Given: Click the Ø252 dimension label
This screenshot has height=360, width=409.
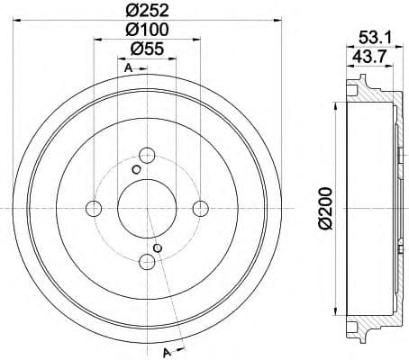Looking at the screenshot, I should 146,11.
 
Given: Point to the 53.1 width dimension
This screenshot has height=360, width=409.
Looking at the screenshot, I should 372,38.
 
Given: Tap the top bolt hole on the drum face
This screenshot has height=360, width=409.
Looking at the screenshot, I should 146,154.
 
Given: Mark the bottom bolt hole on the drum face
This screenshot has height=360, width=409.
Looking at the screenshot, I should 146,262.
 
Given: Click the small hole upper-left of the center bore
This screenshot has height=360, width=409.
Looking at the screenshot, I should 136,169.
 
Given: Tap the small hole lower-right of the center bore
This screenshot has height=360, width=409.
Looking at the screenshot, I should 158,247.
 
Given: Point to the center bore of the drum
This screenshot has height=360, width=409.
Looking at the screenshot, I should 146,209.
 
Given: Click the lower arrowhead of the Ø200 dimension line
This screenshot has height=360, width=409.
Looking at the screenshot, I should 336,315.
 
